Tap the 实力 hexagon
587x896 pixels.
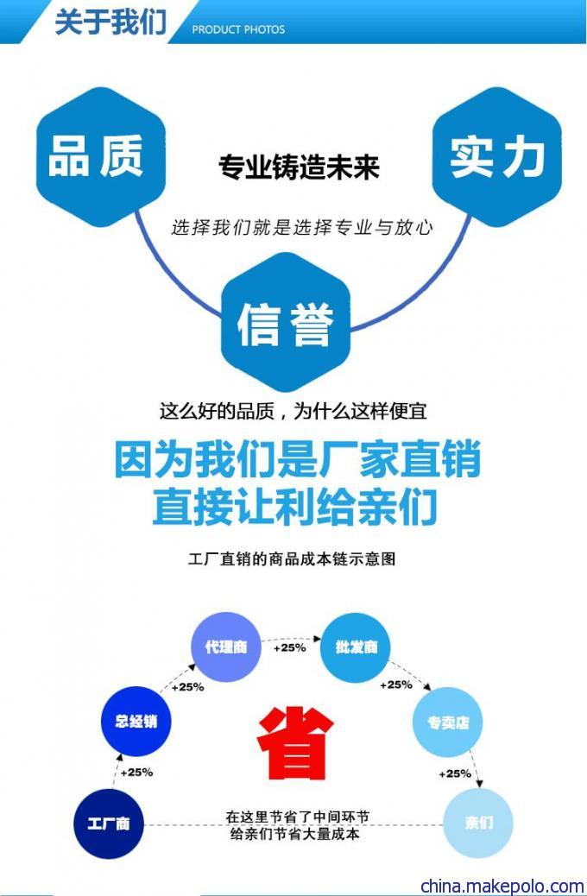pos(496,157)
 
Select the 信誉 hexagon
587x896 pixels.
pos(286,323)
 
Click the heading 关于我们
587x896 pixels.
pos(110,21)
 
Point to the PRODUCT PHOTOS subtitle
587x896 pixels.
pos(238,29)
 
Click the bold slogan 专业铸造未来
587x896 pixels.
pos(299,167)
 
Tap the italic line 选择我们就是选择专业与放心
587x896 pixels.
pos(302,227)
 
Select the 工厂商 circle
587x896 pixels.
pos(109,823)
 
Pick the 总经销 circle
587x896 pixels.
pos(136,721)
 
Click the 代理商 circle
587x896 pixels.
pos(226,647)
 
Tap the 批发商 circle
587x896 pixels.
pos(356,647)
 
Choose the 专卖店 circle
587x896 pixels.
pos(448,722)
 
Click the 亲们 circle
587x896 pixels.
pos(478,823)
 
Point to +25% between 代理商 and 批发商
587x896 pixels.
pos(290,648)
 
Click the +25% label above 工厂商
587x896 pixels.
pos(136,773)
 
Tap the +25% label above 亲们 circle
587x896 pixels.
pos(455,773)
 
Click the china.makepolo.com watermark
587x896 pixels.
pos(502,886)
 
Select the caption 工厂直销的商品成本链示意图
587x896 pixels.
pos(292,558)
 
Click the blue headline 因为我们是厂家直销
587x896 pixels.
pos(297,459)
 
